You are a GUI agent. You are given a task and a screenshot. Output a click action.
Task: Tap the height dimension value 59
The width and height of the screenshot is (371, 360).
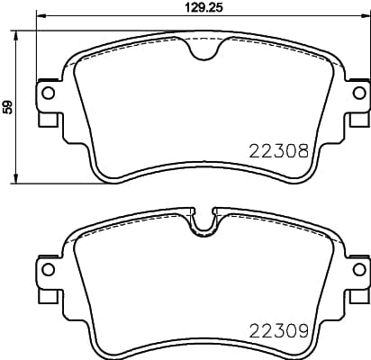8,106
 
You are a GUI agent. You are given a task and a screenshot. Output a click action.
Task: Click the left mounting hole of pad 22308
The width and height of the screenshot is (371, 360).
49,93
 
